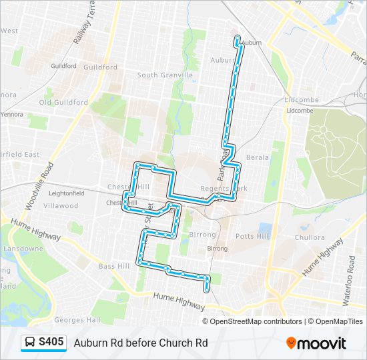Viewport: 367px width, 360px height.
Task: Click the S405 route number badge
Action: click(x=51, y=343)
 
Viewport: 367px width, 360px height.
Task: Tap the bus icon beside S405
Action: click(x=30, y=343)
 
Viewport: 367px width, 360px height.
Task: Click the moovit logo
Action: click(x=317, y=343)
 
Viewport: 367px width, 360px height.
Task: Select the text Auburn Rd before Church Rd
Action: click(x=141, y=343)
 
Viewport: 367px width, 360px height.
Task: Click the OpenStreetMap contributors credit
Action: click(x=256, y=321)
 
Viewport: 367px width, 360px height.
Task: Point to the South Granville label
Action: click(x=165, y=75)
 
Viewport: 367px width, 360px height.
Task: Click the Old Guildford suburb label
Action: click(x=63, y=103)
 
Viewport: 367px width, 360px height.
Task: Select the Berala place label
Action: click(x=258, y=158)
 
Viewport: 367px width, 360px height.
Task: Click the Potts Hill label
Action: click(x=252, y=237)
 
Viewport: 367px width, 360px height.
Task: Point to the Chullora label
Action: click(x=310, y=237)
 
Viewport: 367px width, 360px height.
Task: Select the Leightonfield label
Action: click(x=65, y=193)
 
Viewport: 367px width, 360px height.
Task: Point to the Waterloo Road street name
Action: click(x=350, y=280)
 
